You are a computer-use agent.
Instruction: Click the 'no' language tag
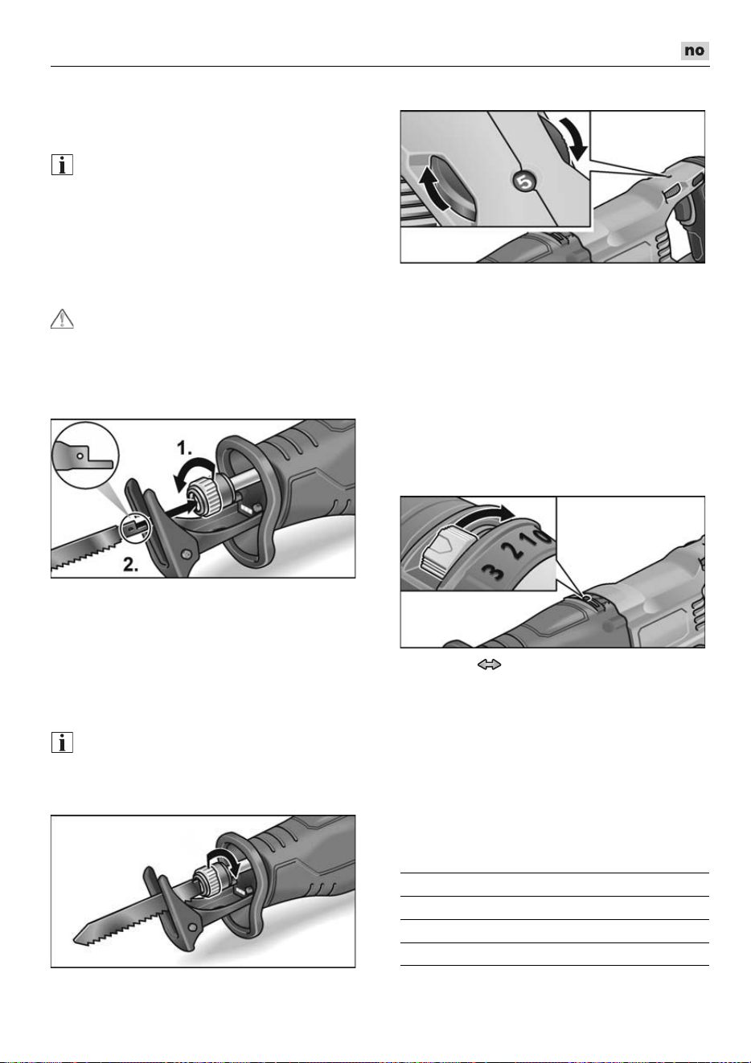pos(695,51)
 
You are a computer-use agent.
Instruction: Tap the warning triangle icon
pos(62,319)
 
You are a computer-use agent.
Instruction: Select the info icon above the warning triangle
pos(62,165)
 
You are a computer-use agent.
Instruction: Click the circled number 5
pos(524,182)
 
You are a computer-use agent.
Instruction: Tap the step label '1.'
pos(184,448)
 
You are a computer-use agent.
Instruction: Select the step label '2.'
pos(130,564)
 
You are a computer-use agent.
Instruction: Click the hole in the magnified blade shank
pos(80,456)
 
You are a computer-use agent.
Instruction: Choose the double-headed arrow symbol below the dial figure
pos(489,664)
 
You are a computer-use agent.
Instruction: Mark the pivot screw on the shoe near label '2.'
pos(186,553)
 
